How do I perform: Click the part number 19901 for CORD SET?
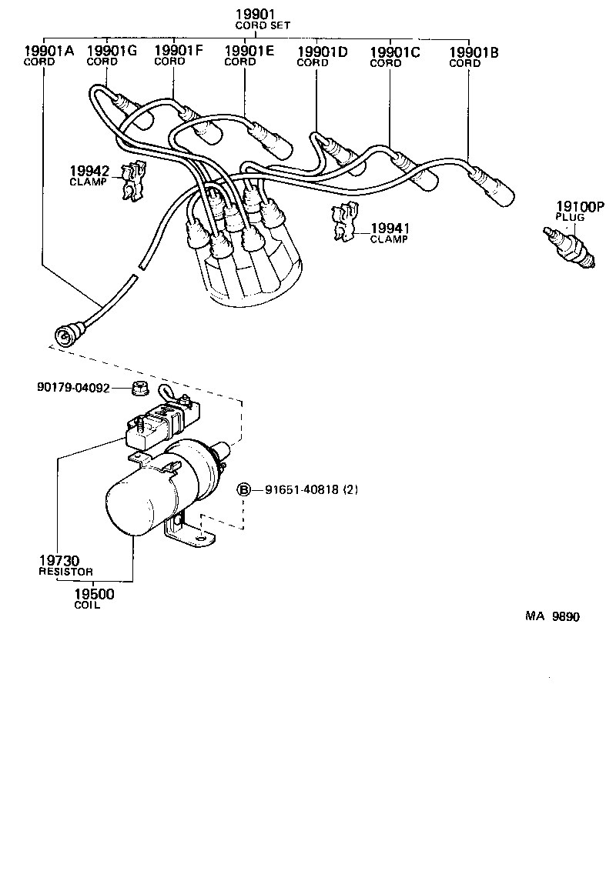pos(255,15)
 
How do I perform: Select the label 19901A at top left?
pos(49,52)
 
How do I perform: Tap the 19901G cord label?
pos(112,52)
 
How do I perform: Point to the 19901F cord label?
pos(179,52)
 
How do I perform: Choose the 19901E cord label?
pos(249,52)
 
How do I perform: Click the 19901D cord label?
pos(323,52)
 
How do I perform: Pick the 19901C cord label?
pos(395,52)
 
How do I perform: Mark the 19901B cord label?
pos(474,52)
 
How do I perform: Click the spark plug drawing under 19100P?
pos(571,248)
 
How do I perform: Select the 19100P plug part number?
pos(581,207)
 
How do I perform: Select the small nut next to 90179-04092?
pos(139,388)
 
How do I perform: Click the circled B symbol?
pos(243,489)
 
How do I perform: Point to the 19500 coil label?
pos(94,594)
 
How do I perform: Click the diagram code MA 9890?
pos(552,616)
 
